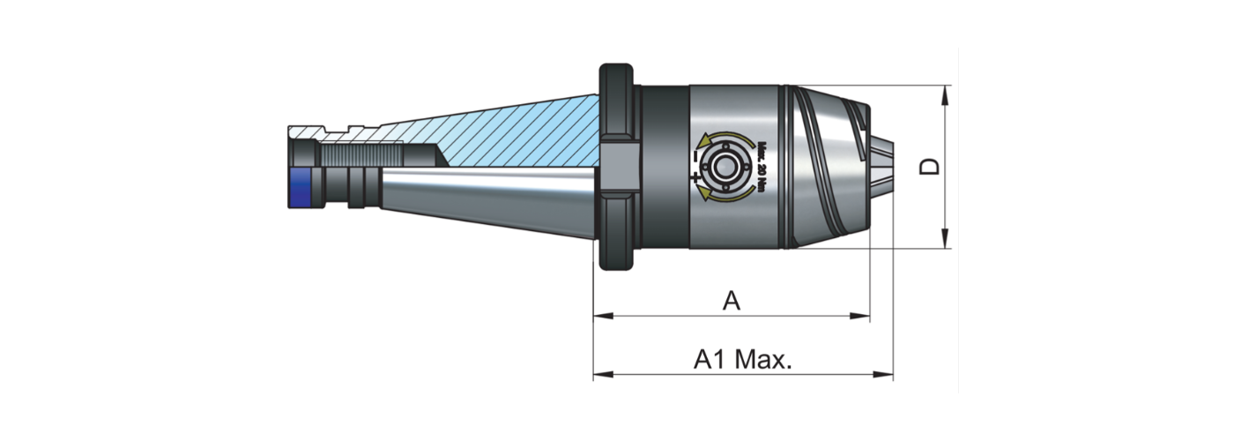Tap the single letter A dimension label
(731, 302)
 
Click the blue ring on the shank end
(301, 187)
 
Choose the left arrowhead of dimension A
(600, 315)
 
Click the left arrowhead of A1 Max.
(600, 374)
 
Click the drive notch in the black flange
(620, 167)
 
